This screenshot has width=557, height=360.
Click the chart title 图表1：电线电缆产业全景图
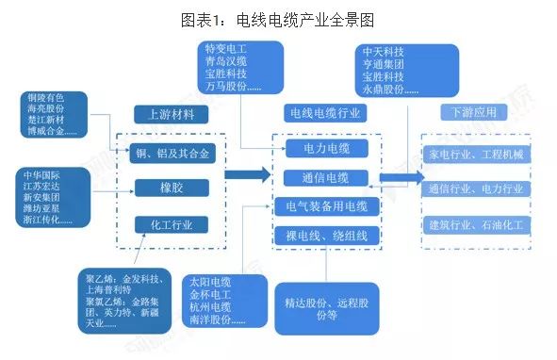point(278,18)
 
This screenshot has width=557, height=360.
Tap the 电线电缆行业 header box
point(326,113)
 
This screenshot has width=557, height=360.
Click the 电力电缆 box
point(326,149)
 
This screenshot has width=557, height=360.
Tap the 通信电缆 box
point(326,177)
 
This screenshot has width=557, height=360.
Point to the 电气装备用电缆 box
point(326,205)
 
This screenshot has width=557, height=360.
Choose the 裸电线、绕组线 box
point(326,235)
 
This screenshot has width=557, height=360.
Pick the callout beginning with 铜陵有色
point(58,116)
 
